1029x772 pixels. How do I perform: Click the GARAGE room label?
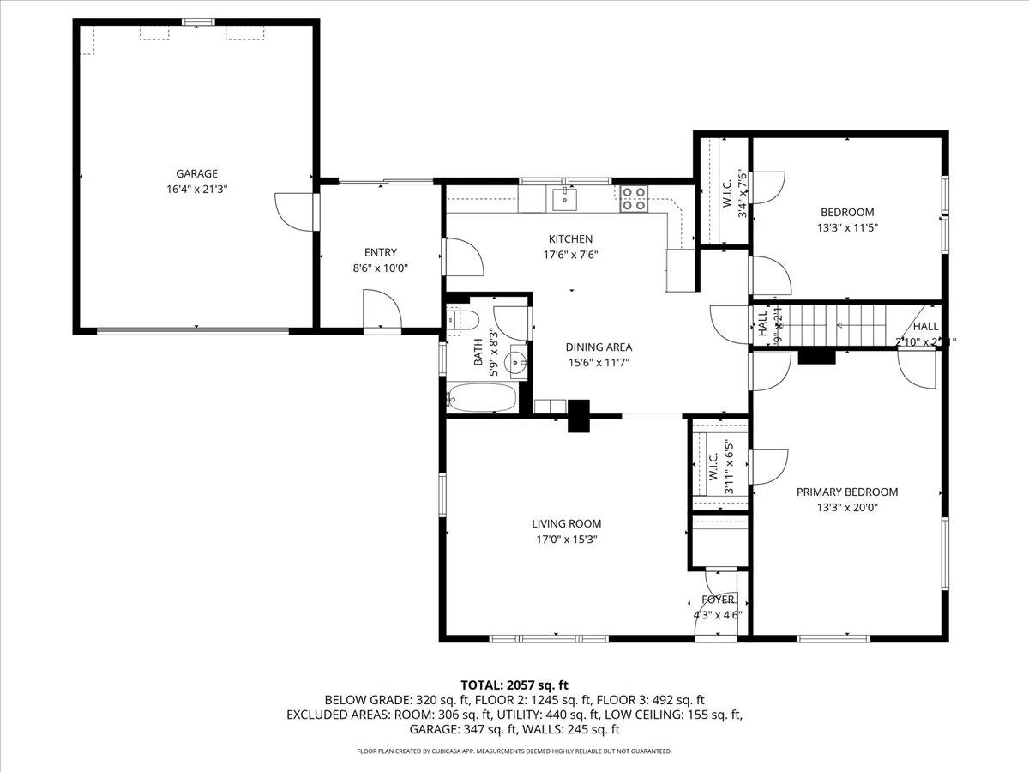pyautogui.click(x=196, y=173)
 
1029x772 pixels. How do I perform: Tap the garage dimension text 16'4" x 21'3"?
pyautogui.click(x=196, y=189)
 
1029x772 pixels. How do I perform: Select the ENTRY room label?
pyautogui.click(x=380, y=252)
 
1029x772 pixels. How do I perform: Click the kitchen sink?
pyautogui.click(x=564, y=200)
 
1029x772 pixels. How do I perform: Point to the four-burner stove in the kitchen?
pyautogui.click(x=634, y=199)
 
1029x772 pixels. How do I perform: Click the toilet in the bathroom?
pyautogui.click(x=464, y=319)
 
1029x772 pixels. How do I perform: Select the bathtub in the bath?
pyautogui.click(x=482, y=398)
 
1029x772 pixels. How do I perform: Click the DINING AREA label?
pyautogui.click(x=599, y=347)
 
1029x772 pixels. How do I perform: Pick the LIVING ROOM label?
pyautogui.click(x=566, y=523)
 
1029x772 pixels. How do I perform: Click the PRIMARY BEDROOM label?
pyautogui.click(x=846, y=492)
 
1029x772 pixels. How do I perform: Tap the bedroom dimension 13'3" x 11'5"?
pyautogui.click(x=846, y=228)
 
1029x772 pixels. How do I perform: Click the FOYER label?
pyautogui.click(x=717, y=600)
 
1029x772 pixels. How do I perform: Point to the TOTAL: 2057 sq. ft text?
pyautogui.click(x=514, y=685)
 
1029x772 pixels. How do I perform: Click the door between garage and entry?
pyautogui.click(x=315, y=211)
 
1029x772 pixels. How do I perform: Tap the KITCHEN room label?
pyautogui.click(x=570, y=238)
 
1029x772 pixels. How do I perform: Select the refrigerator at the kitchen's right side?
pyautogui.click(x=680, y=270)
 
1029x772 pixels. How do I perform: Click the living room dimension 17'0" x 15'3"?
pyautogui.click(x=566, y=540)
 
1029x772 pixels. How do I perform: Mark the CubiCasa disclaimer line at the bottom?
pyautogui.click(x=514, y=751)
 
